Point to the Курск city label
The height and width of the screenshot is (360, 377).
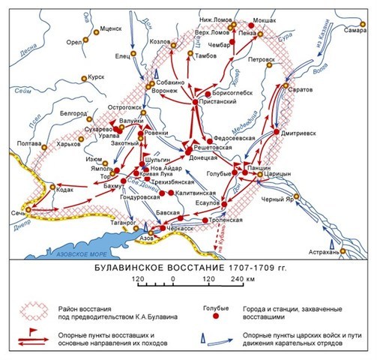[x=97, y=76]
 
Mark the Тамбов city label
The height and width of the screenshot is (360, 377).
[x=208, y=55]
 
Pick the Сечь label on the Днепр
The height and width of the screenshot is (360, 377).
[x=15, y=213]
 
